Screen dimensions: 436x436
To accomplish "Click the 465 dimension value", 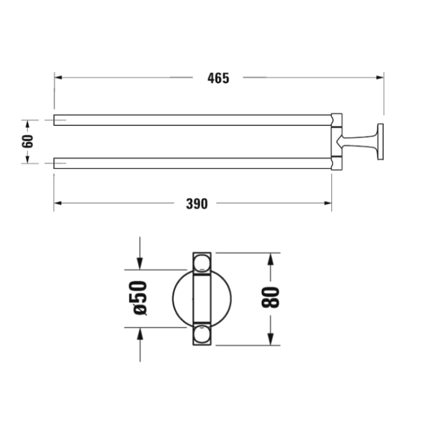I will [x=218, y=78].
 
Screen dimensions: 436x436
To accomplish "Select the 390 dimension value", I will [x=196, y=203].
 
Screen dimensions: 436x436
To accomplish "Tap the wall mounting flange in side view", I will [x=381, y=141].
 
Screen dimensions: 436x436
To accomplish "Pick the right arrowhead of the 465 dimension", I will [x=380, y=78].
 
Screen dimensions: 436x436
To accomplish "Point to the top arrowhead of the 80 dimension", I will [x=272, y=257].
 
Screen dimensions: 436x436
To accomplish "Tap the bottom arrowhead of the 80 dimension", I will [x=272, y=341].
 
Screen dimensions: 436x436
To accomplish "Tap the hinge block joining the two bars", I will [x=337, y=141].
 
